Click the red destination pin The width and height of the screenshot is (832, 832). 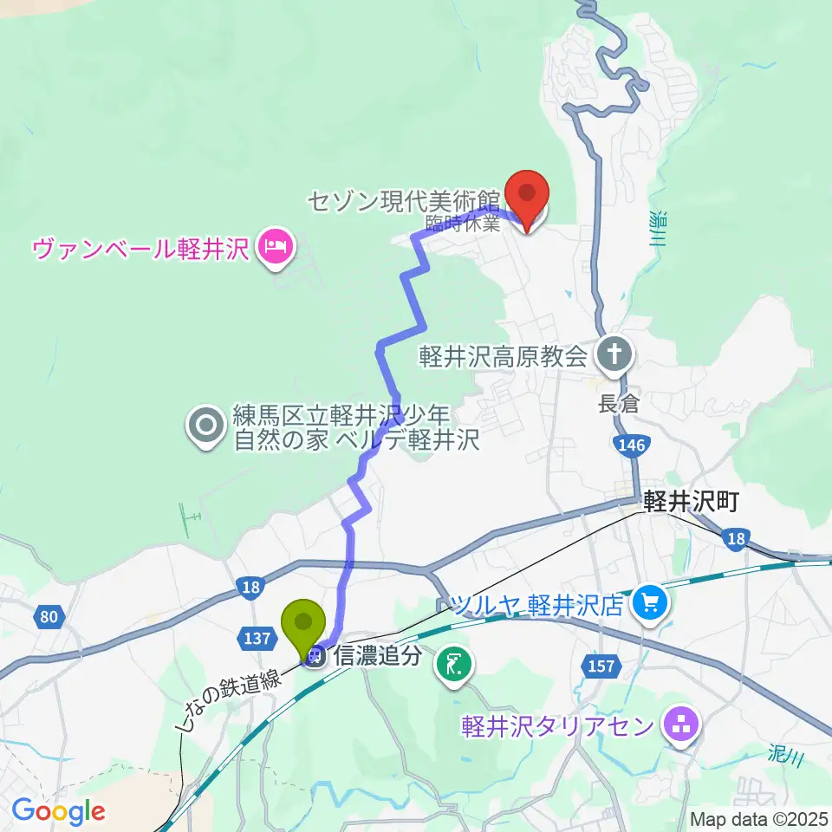(x=528, y=197)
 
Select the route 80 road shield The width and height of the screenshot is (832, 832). (x=49, y=617)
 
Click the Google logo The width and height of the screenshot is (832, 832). (x=58, y=812)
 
